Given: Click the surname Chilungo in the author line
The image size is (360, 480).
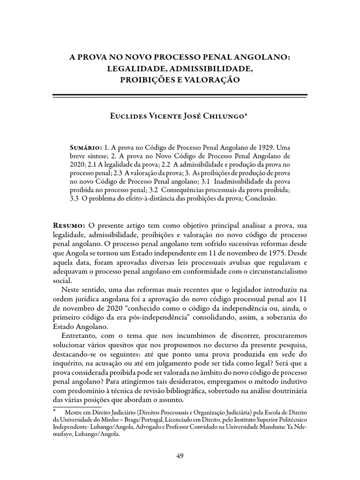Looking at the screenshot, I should [223, 117].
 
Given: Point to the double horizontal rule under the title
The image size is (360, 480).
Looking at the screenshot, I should [180, 96].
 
